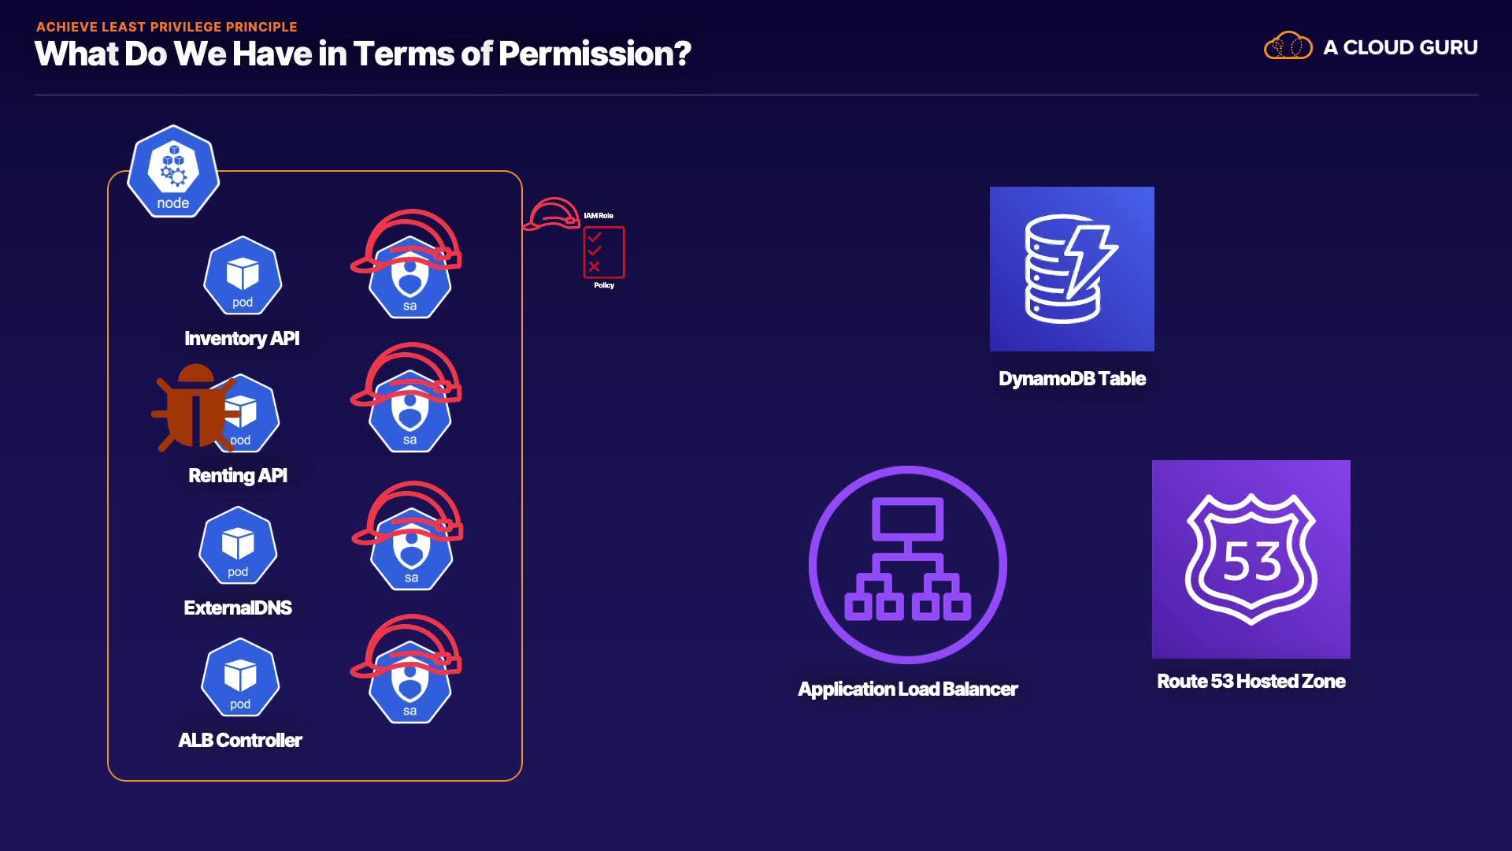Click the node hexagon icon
173,172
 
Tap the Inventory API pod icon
243,277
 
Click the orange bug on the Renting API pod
195,408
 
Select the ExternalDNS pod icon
238,546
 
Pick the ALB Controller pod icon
240,678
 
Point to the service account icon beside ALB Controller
409,682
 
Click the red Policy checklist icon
604,252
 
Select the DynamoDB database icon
1072,269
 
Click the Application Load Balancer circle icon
908,564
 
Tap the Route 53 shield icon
1251,559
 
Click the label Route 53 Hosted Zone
1251,681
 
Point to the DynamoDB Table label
1072,378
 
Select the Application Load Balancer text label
908,689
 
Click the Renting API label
238,475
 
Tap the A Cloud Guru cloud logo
1288,46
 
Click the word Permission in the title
594,54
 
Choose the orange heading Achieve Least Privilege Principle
167,27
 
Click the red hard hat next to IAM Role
552,214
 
